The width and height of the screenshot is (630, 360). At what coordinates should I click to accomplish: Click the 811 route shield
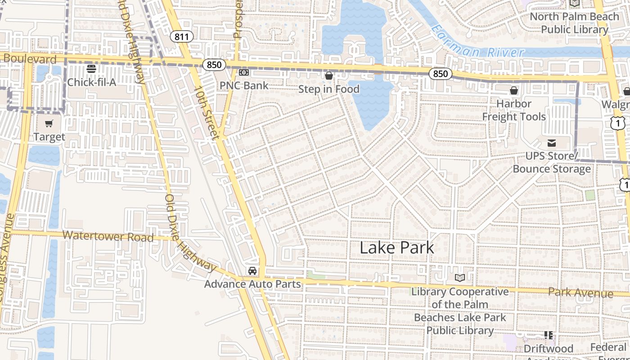click(x=181, y=36)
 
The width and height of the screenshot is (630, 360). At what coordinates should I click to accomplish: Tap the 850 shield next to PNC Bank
click(x=214, y=65)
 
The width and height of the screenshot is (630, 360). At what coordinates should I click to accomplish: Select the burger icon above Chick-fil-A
click(x=91, y=69)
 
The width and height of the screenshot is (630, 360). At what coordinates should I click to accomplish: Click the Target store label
click(x=49, y=137)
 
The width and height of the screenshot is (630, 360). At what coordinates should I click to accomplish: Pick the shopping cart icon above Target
click(x=49, y=123)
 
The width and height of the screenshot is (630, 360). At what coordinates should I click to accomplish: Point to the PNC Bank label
click(x=244, y=85)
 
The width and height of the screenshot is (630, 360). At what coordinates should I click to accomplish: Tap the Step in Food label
click(x=329, y=89)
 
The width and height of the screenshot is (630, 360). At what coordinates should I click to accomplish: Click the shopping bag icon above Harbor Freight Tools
click(x=514, y=91)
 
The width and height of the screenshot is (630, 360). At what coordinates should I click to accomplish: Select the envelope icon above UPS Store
click(x=551, y=143)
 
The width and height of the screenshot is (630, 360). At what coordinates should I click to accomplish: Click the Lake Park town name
click(x=397, y=247)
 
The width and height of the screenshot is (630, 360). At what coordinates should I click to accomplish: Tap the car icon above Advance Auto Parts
click(x=252, y=270)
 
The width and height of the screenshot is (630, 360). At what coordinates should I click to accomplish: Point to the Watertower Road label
click(x=108, y=236)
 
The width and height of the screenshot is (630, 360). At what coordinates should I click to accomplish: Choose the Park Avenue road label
click(x=580, y=293)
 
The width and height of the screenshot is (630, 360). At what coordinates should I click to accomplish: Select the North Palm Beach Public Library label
click(x=574, y=23)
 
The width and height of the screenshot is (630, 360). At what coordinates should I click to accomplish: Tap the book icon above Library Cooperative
click(x=459, y=278)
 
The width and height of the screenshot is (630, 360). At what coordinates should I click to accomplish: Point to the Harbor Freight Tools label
click(x=514, y=110)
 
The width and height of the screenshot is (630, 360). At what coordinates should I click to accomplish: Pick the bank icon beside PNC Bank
click(x=244, y=72)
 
